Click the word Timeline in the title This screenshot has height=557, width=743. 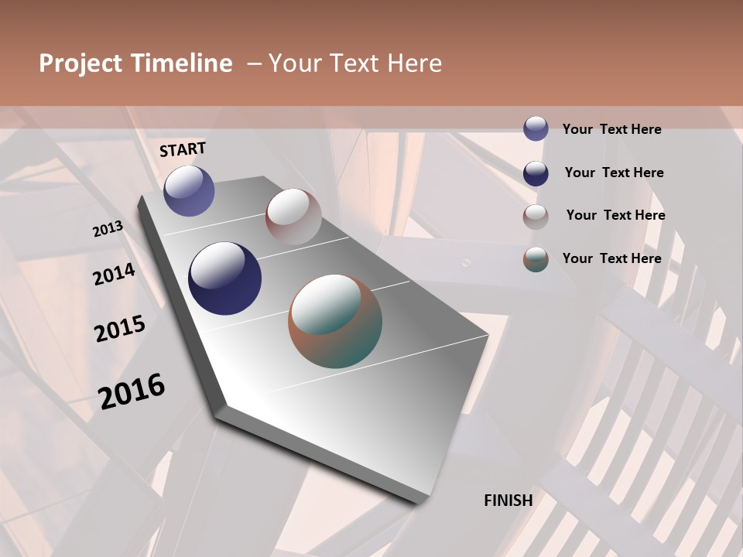pyautogui.click(x=181, y=63)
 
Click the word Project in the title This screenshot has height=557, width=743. pyautogui.click(x=80, y=63)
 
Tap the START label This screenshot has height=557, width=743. pyautogui.click(x=183, y=149)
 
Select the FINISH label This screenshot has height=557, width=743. pyautogui.click(x=508, y=501)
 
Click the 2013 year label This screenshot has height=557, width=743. pyautogui.click(x=108, y=229)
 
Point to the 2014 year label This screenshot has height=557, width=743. pyautogui.click(x=114, y=275)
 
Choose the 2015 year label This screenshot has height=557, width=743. pyautogui.click(x=120, y=329)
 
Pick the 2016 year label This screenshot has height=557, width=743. pyautogui.click(x=132, y=391)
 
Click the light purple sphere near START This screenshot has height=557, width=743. pyautogui.click(x=189, y=190)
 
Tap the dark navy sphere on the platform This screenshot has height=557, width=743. pyautogui.click(x=224, y=278)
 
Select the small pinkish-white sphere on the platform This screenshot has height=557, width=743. pyautogui.click(x=293, y=216)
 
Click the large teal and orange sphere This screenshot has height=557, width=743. pyautogui.click(x=335, y=321)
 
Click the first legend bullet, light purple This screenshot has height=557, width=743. pyautogui.click(x=536, y=129)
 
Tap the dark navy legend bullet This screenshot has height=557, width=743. pyautogui.click(x=536, y=173)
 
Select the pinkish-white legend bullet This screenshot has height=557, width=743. pyautogui.click(x=536, y=217)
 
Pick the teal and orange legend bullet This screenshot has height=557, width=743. pyautogui.click(x=536, y=259)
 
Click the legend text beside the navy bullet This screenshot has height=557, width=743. pyautogui.click(x=614, y=173)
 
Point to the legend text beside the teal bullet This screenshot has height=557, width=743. pyautogui.click(x=611, y=258)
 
